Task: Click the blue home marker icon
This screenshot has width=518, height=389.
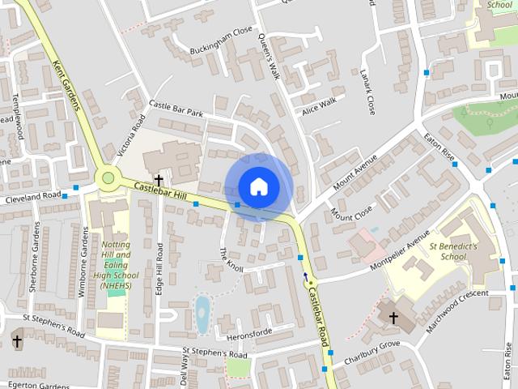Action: (x=258, y=186)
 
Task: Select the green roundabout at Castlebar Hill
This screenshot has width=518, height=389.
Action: (x=108, y=177)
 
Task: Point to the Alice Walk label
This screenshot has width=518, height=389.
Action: (x=318, y=106)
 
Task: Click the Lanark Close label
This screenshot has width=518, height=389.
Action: (x=368, y=90)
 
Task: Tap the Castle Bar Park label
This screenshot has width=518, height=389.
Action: (x=176, y=109)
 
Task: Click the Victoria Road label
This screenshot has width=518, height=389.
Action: (x=130, y=135)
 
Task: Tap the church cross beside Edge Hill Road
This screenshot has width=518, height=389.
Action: (x=159, y=180)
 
